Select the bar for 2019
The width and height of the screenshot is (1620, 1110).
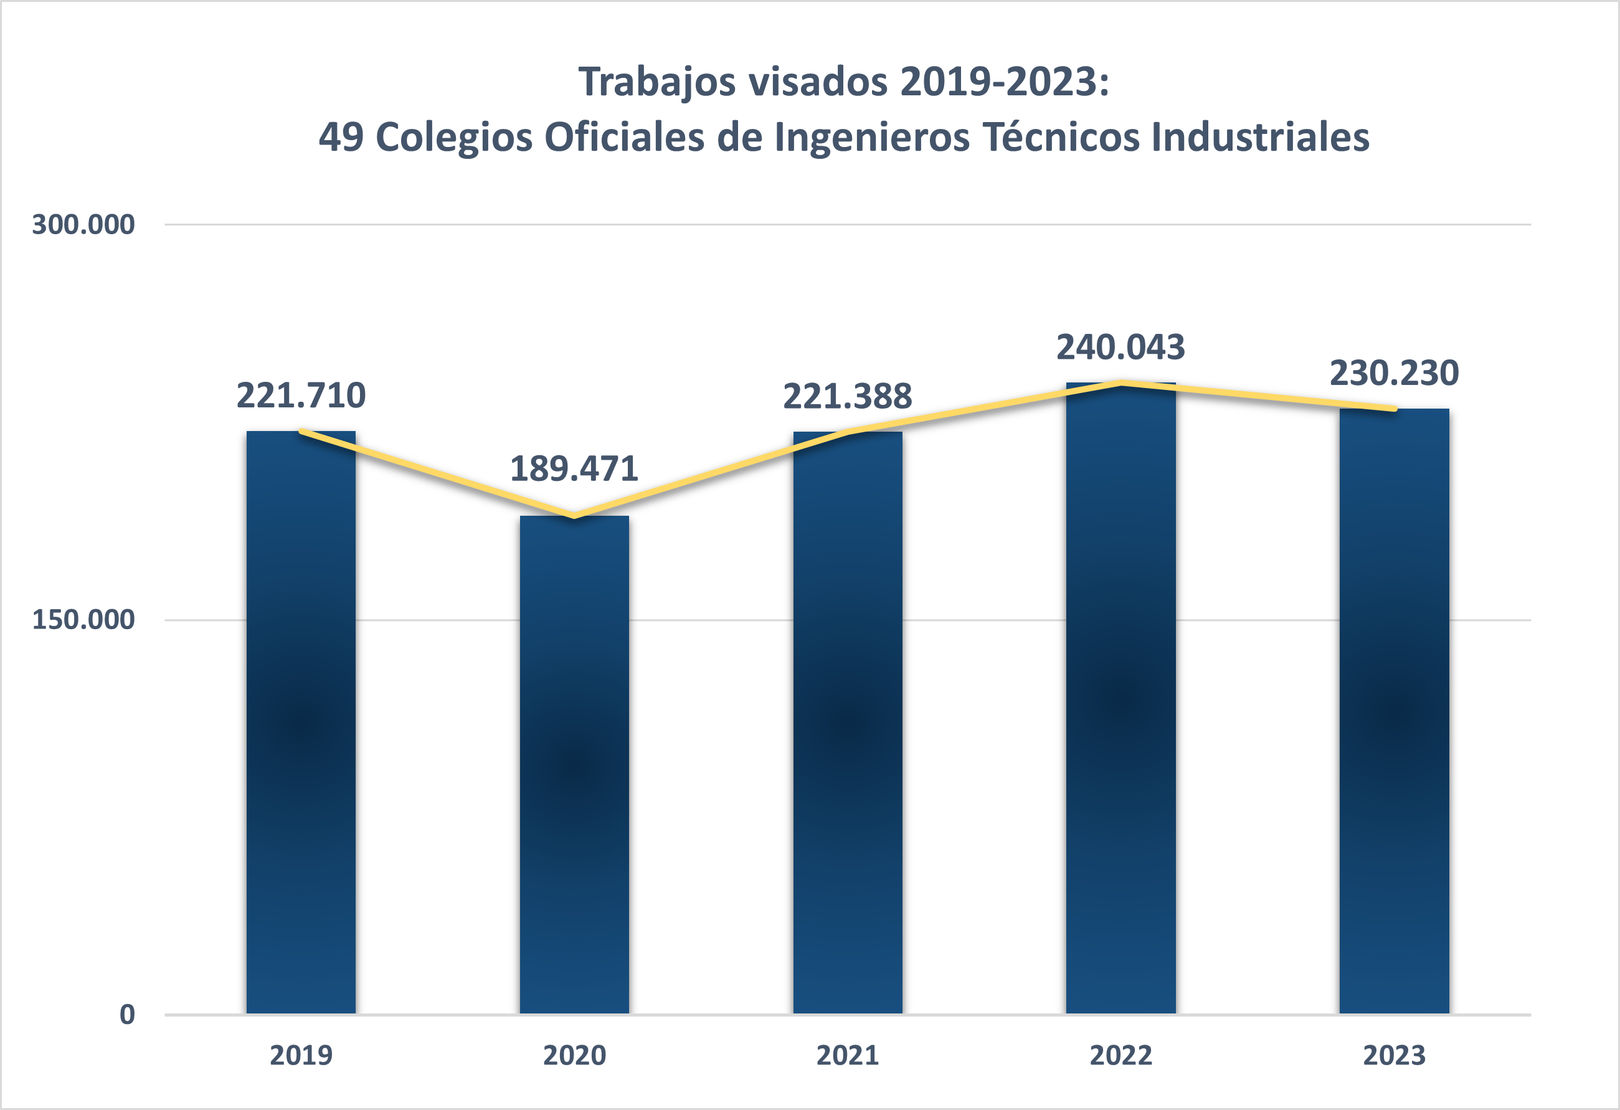(300, 722)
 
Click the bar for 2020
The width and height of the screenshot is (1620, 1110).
(574, 764)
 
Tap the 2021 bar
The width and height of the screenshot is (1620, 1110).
(847, 722)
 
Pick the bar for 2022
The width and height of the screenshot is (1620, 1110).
(1120, 697)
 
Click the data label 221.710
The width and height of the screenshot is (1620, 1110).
(300, 396)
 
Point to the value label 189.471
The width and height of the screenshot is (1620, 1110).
(574, 468)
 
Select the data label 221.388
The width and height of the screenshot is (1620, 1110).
(847, 396)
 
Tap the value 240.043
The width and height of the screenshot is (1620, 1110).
(1120, 347)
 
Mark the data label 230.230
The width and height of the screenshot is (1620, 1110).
(1393, 373)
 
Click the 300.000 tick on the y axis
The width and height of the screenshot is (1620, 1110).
(83, 224)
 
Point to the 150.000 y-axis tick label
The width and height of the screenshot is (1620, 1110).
(83, 619)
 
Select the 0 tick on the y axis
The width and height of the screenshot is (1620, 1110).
(127, 1015)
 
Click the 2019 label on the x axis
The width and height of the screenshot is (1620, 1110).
(300, 1056)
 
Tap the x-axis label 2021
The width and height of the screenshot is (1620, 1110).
(847, 1056)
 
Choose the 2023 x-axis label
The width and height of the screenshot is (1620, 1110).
(1393, 1056)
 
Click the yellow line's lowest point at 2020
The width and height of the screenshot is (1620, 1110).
(574, 516)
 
